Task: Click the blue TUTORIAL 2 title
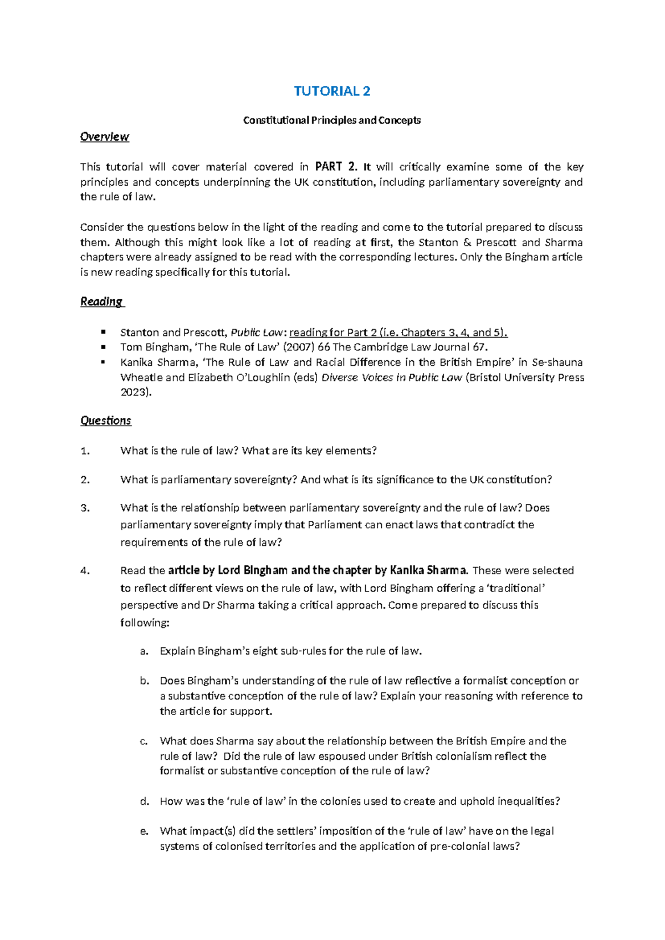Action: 331,91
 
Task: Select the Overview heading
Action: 104,137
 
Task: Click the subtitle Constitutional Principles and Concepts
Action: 331,120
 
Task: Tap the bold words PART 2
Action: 336,167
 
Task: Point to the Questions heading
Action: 105,421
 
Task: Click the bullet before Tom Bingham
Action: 103,347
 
